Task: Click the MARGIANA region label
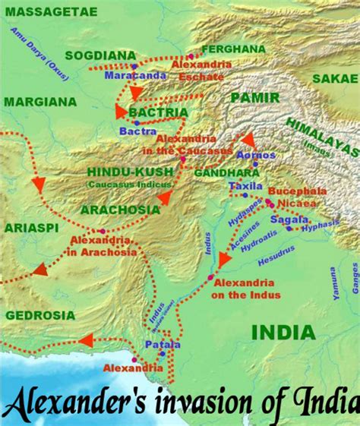(39, 102)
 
